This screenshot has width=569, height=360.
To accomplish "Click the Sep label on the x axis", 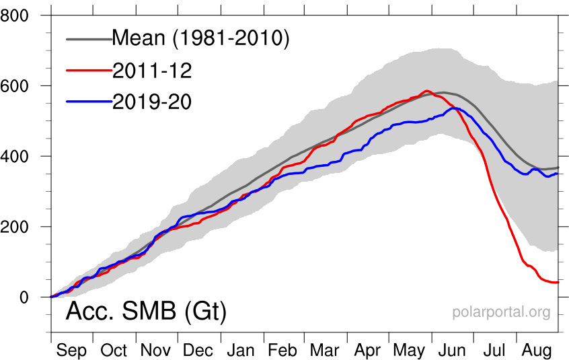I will point(71,351).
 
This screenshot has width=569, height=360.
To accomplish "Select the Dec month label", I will point(198,351).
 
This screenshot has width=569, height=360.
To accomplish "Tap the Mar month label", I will point(325,351).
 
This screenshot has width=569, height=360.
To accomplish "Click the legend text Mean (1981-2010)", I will point(200,39).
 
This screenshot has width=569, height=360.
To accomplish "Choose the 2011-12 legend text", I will point(151,70).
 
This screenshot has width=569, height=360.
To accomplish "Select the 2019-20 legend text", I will point(151,101).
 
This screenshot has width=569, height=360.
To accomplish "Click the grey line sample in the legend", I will point(88,39).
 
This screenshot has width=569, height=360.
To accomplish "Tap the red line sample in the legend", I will point(88,69).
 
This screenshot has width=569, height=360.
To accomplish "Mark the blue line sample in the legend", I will point(88,100).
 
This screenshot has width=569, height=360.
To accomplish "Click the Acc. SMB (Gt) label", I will point(145,312).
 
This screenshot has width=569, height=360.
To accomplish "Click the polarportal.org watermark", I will point(501,312).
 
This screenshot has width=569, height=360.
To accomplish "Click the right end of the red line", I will point(558,282).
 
